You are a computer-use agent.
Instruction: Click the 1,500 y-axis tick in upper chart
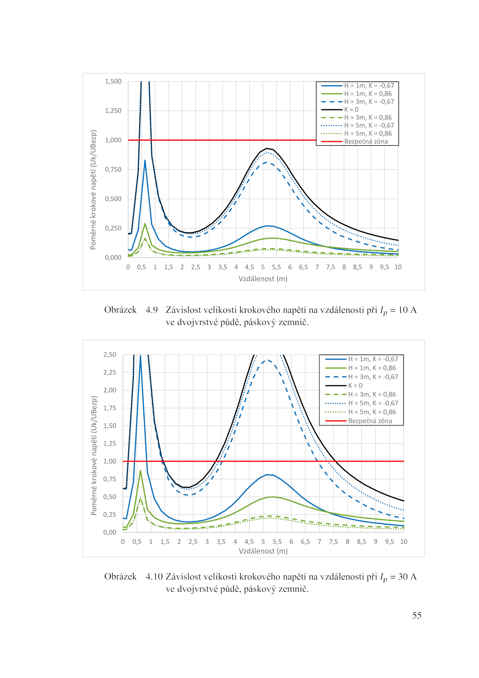(113, 81)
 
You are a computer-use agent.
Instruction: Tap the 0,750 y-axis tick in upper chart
(113, 169)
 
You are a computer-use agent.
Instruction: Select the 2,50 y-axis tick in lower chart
(110, 355)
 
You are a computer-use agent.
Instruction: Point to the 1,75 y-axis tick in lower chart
(110, 408)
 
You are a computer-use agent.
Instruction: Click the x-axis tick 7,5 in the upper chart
(330, 267)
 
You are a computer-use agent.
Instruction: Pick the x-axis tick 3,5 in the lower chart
(221, 542)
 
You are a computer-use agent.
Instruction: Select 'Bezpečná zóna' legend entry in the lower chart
(370, 421)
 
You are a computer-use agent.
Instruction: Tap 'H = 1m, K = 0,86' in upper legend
(368, 94)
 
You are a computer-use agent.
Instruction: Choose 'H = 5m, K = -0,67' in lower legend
(373, 403)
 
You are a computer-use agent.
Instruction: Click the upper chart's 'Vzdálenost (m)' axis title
(263, 279)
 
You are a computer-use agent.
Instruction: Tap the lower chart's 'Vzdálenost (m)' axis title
(263, 551)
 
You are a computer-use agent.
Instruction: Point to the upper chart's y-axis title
(93, 190)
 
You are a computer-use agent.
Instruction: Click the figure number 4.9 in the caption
(151, 310)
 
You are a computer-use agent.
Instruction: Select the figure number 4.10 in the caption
(154, 577)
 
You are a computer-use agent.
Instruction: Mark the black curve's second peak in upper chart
(267, 148)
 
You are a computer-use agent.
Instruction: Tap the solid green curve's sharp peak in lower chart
(140, 471)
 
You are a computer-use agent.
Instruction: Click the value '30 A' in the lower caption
(407, 577)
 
